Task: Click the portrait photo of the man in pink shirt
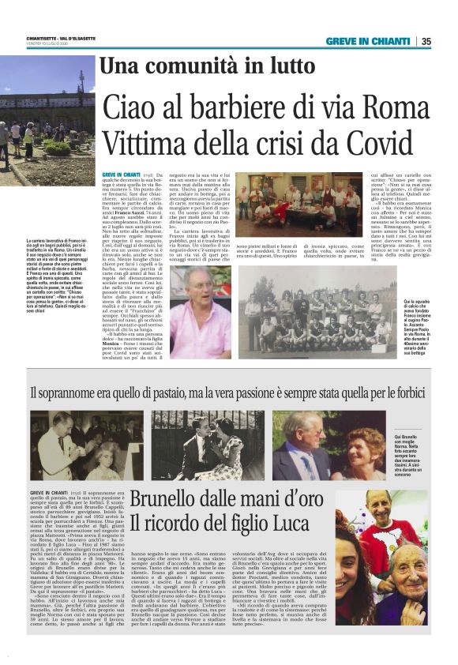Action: click(200, 312)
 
